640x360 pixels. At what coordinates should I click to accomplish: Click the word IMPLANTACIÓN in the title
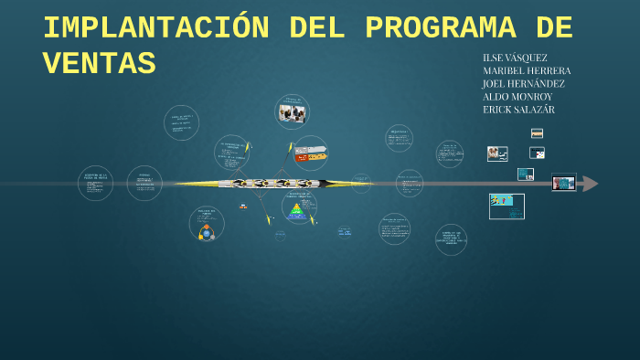155,29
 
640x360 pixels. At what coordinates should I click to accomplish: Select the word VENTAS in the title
99,65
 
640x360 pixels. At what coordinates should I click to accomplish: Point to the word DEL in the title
316,29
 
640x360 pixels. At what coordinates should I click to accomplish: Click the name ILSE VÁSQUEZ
515,58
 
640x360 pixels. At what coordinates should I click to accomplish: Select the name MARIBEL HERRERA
527,70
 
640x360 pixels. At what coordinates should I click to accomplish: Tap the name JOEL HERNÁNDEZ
524,83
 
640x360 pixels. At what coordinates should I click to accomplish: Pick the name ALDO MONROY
517,96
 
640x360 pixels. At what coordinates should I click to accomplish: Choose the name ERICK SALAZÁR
518,110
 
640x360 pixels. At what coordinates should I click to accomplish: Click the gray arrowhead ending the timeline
591,184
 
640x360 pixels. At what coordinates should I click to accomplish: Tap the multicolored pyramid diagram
296,211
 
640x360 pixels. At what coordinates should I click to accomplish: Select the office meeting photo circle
292,113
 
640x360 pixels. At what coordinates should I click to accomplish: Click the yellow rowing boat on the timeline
274,184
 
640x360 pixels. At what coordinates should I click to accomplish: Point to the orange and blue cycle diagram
207,232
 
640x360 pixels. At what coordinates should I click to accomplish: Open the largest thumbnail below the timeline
507,206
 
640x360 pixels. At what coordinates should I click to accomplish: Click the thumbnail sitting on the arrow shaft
563,183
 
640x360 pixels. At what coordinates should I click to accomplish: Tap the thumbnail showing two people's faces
497,154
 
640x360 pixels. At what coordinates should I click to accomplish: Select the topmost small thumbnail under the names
537,133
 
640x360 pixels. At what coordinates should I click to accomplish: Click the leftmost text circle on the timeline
95,184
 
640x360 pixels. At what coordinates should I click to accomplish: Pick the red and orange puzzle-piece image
311,154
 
